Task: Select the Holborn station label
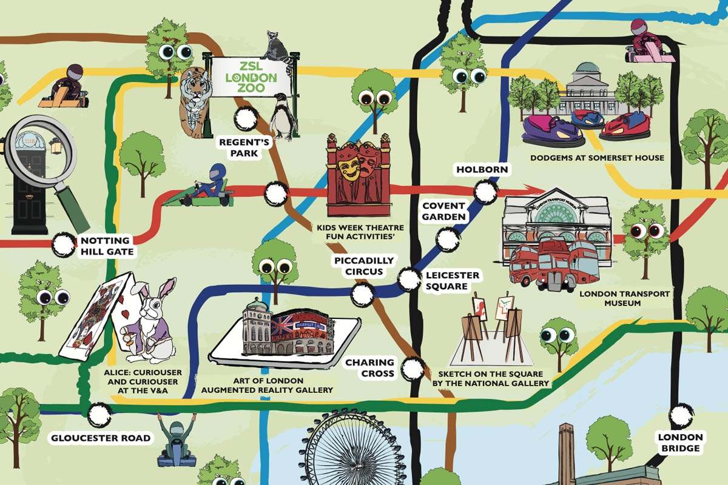pos(482,169)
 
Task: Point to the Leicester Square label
pos(452,281)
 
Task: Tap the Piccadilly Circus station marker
pos(362,296)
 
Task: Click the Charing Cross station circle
pos(414,367)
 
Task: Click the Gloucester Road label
pos(100,438)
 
